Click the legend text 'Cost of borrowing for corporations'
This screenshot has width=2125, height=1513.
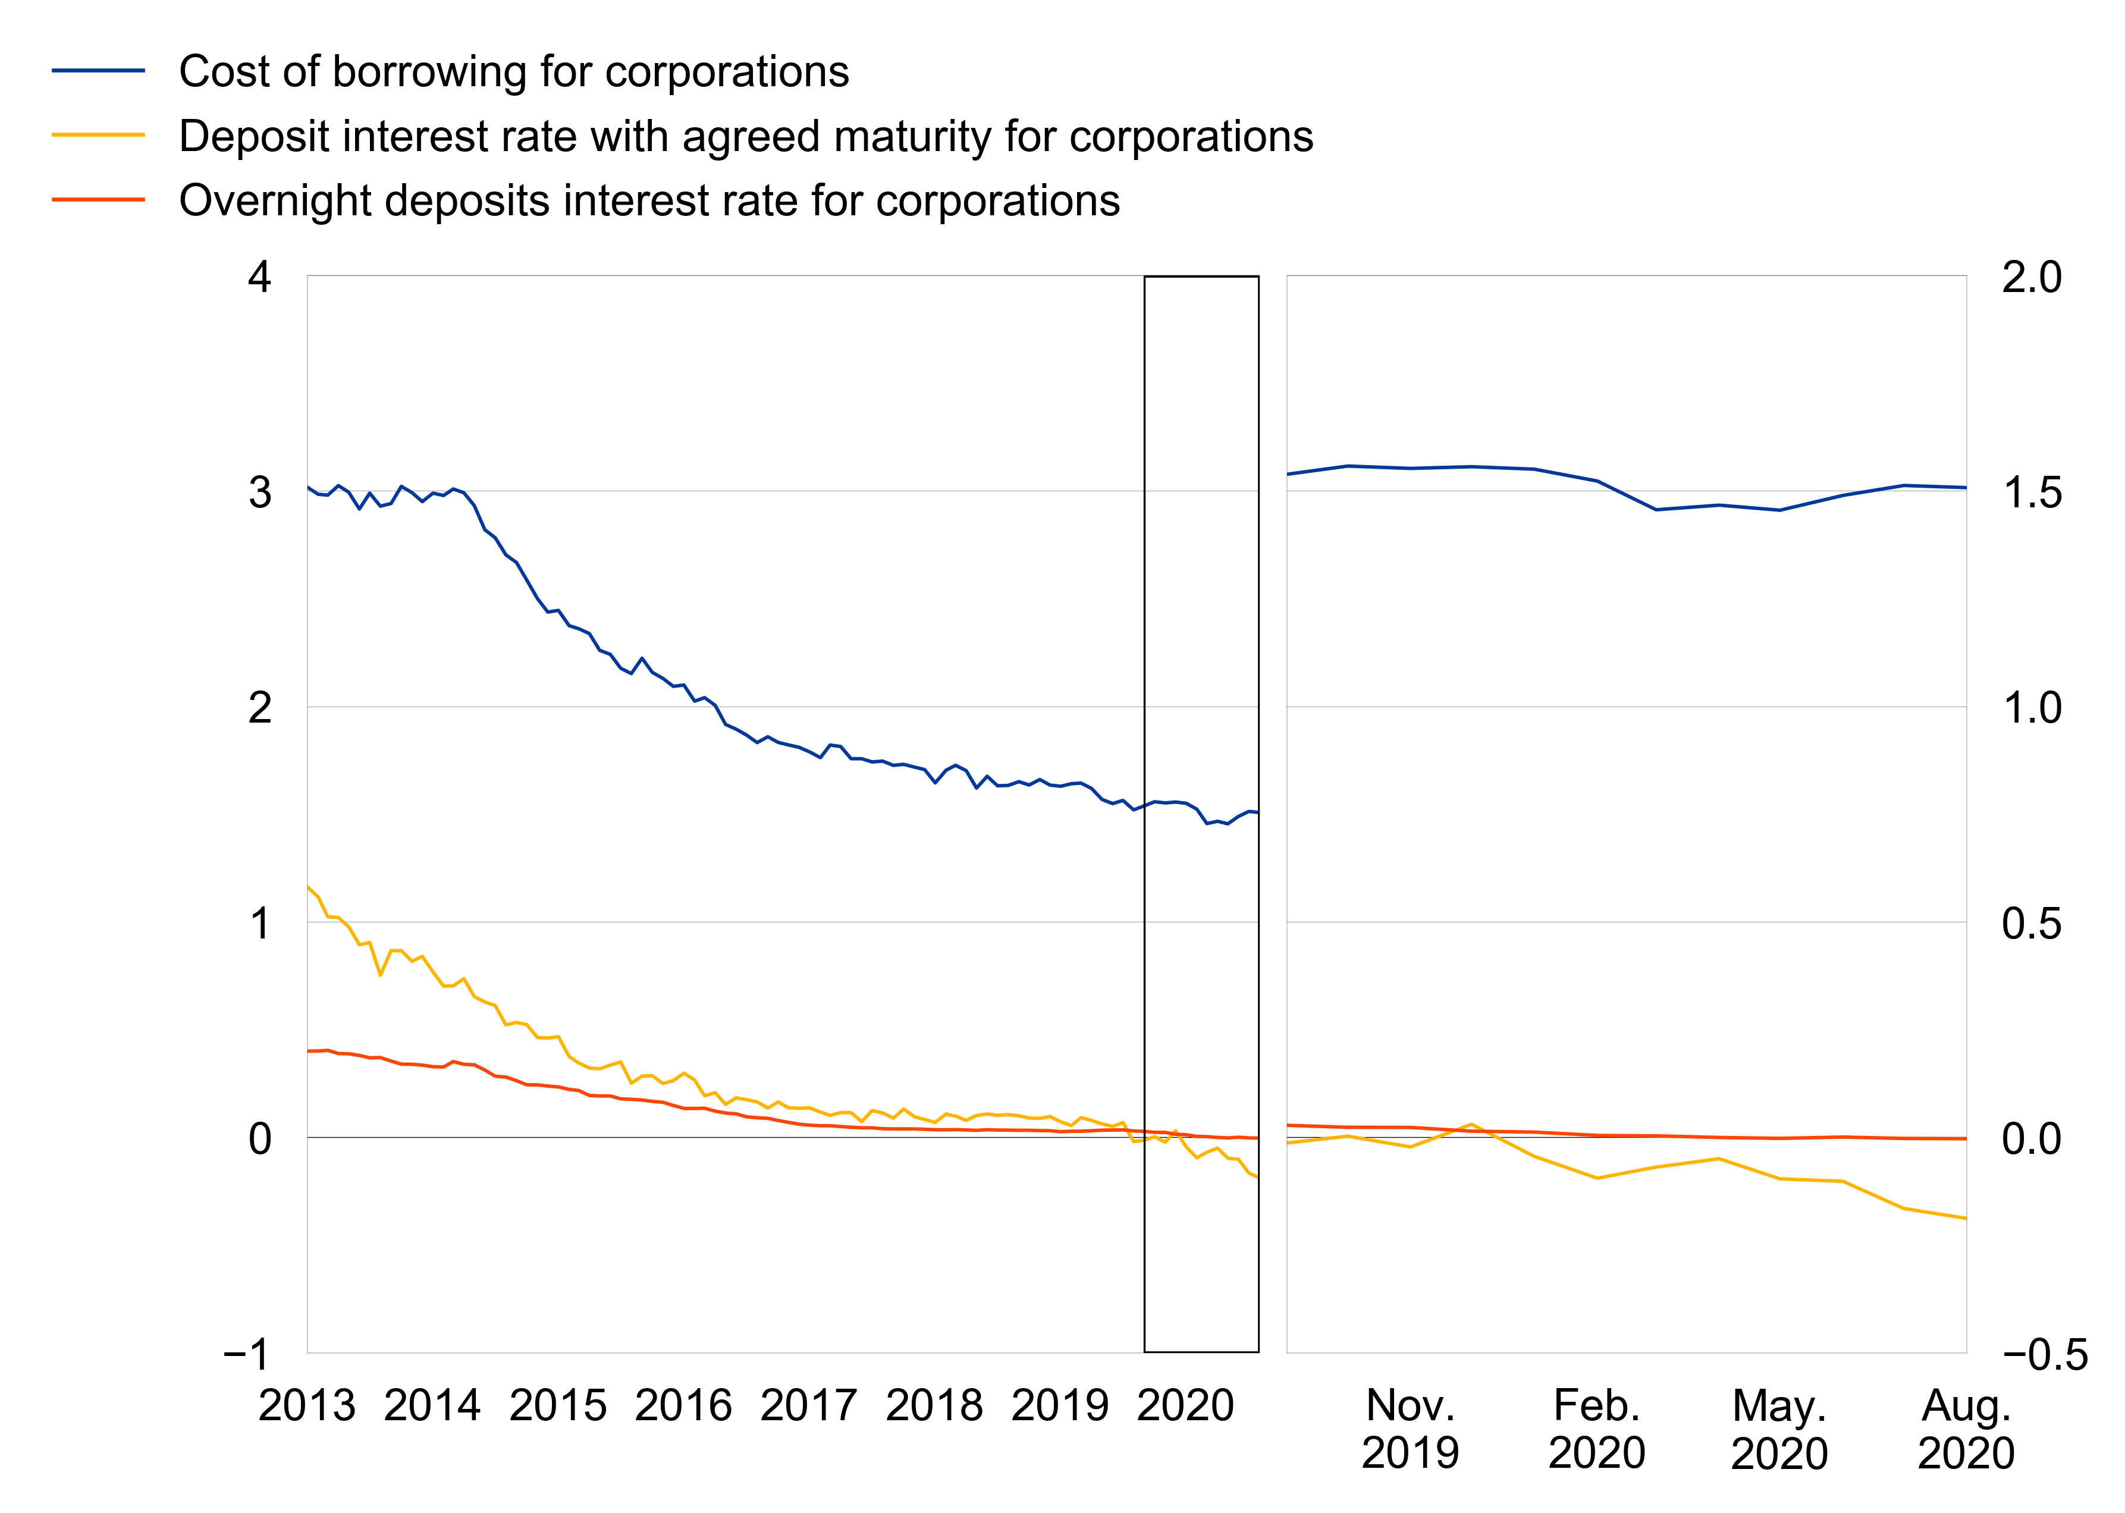(513, 72)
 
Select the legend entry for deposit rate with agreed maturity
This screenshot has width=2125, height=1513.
(745, 136)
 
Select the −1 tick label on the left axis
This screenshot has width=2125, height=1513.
(248, 1354)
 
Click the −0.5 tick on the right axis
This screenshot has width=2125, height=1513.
(2045, 1354)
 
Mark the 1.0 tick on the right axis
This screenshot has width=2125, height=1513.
(2032, 708)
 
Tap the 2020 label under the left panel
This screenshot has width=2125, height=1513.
(1185, 1405)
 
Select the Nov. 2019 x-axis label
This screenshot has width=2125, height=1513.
(1410, 1428)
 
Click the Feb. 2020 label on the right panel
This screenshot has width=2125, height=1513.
(1597, 1428)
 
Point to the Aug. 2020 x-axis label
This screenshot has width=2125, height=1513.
(1966, 1428)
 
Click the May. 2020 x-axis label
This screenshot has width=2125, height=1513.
(1779, 1428)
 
